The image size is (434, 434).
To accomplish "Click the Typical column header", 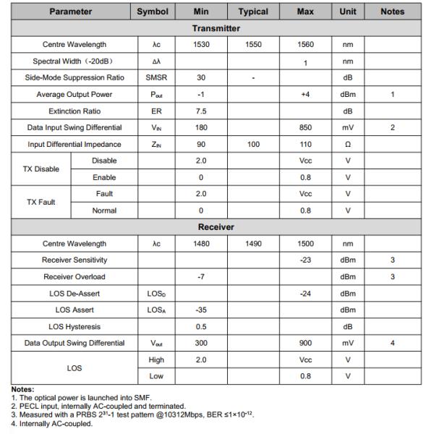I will [253, 12].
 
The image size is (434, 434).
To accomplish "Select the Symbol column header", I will [153, 12].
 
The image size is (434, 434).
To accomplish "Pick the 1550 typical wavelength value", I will [253, 45].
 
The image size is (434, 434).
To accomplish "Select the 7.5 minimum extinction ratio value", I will [202, 111].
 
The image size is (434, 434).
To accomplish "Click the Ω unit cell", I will [348, 145].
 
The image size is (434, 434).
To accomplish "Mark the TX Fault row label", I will [41, 203].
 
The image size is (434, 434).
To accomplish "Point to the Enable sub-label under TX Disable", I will [104, 177].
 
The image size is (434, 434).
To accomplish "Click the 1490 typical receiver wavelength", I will [253, 244].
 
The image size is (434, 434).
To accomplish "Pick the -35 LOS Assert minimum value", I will [202, 310].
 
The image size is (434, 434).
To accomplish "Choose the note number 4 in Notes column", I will [393, 344].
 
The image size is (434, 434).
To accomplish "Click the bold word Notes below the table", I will [22, 389].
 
